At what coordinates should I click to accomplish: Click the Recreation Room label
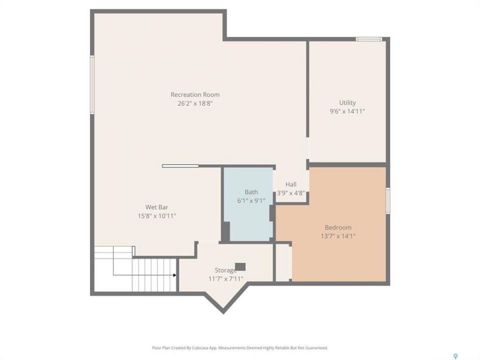tap(195, 94)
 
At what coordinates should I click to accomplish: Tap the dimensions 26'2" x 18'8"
tap(195, 103)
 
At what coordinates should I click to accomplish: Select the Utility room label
tap(347, 103)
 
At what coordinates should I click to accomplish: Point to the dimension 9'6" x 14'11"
tap(347, 111)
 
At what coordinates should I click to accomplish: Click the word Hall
tap(291, 184)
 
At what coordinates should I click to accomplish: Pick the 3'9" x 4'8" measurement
tap(291, 193)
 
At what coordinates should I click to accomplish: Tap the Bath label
tap(251, 192)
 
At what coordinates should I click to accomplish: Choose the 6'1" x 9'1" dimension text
tap(251, 201)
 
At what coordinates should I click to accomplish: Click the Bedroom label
tap(338, 227)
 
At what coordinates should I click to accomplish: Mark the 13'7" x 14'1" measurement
tap(338, 236)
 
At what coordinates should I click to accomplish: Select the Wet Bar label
tap(156, 207)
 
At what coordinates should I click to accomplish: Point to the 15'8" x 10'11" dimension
tap(156, 216)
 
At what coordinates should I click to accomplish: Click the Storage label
tap(225, 270)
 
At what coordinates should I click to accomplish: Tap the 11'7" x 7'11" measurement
tap(225, 278)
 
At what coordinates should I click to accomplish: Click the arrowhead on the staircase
tap(175, 275)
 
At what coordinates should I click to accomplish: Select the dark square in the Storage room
tap(240, 267)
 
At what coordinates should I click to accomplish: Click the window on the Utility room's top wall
tap(369, 39)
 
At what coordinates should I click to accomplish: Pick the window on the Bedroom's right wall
tap(388, 201)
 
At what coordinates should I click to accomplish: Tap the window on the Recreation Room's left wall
tap(92, 84)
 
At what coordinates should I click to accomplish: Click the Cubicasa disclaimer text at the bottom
tap(240, 348)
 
